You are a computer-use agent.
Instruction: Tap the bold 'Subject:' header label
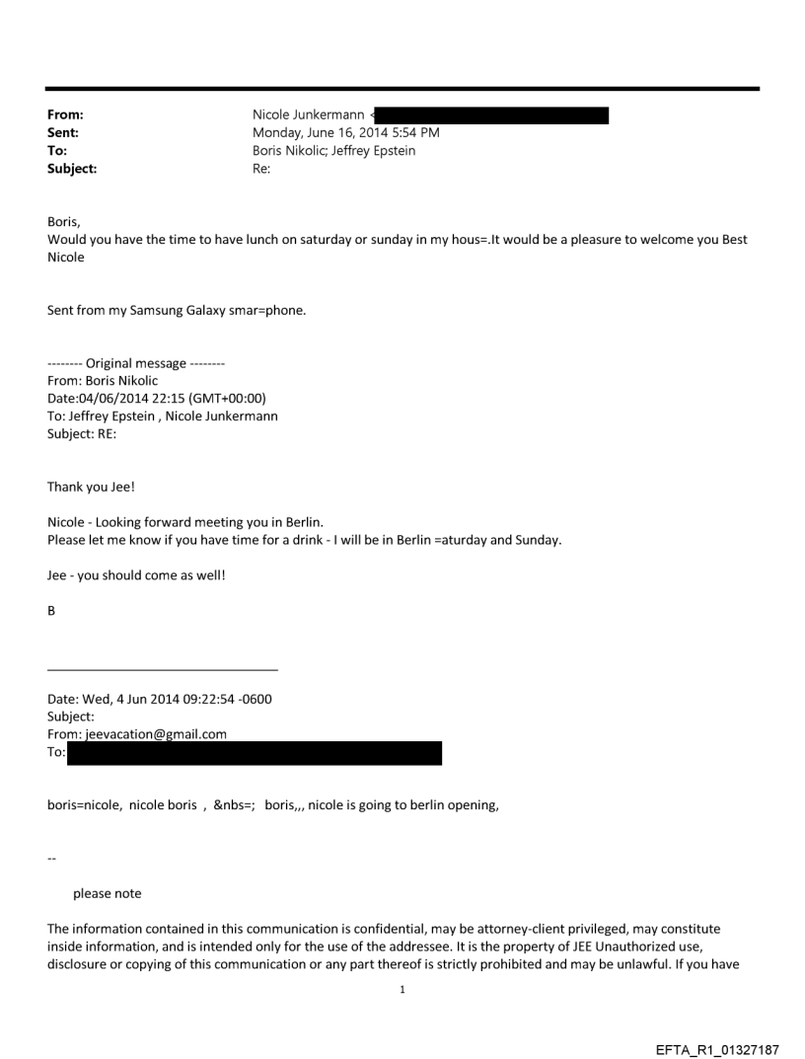72,169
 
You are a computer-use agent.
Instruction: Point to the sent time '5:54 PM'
416,133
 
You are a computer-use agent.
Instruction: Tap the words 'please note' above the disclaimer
107,893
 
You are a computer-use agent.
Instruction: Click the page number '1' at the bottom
402,988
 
